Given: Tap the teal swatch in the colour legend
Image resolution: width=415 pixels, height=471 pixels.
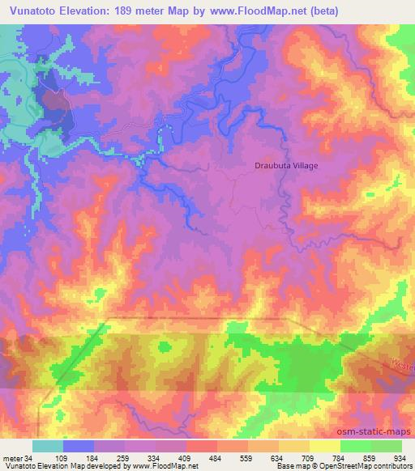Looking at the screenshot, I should click(x=48, y=447).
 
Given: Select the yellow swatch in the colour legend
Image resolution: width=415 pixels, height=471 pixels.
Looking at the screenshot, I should click(x=325, y=447).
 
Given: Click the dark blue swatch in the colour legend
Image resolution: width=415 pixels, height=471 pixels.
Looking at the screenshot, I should click(x=79, y=447).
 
